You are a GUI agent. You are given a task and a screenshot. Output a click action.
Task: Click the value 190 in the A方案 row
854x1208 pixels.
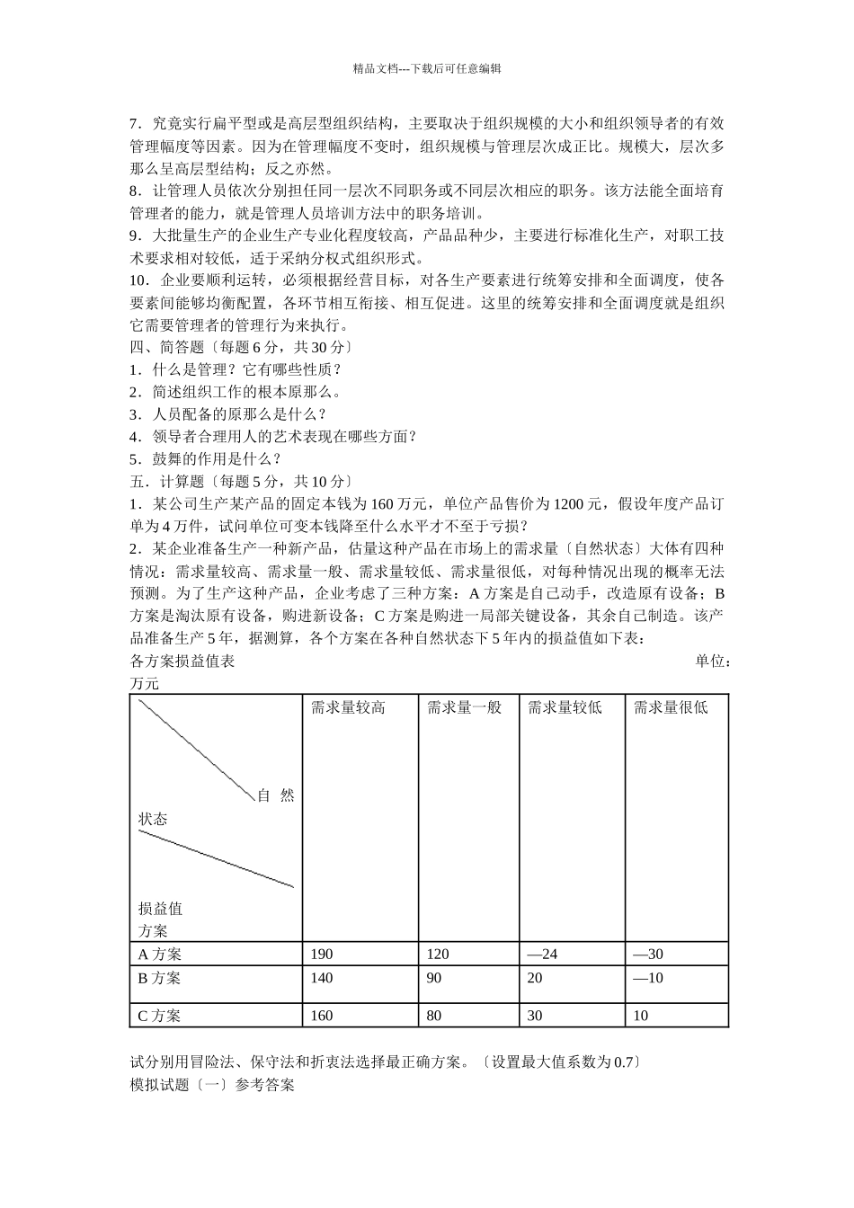tap(321, 954)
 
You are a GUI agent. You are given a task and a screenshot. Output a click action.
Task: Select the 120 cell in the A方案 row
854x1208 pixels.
tap(438, 954)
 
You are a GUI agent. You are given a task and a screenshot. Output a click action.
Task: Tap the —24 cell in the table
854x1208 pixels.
tap(542, 954)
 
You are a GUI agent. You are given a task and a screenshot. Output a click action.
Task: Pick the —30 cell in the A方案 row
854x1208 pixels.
tap(648, 954)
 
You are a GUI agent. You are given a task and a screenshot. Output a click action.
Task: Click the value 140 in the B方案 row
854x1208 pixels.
tap(321, 977)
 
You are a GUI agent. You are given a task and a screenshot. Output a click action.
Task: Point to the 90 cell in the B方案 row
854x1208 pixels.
tap(434, 977)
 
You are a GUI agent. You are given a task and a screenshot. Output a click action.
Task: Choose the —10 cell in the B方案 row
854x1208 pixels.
tap(648, 977)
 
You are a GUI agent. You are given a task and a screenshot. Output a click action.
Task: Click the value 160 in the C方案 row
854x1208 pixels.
tap(321, 1016)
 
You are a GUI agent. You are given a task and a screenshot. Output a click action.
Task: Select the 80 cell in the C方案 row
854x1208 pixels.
tap(434, 1016)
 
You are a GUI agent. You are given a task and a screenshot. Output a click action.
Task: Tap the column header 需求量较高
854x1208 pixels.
tap(348, 707)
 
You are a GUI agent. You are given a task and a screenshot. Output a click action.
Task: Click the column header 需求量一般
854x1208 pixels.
tap(464, 707)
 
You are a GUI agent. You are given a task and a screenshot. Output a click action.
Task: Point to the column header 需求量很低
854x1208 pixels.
tap(671, 707)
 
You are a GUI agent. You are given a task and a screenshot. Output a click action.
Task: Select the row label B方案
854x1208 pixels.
tap(159, 977)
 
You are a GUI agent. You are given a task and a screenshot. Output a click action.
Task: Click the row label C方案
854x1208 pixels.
tap(159, 1016)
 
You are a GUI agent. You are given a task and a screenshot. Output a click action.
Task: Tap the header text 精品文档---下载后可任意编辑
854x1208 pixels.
tap(426, 67)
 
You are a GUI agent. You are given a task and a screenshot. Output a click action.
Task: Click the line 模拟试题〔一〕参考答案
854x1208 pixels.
tap(212, 1085)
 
